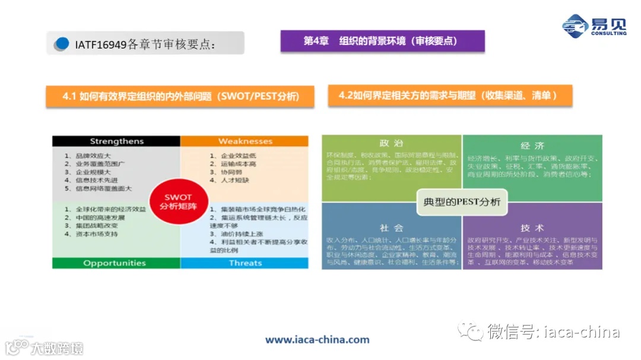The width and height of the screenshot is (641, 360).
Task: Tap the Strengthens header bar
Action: coord(116,141)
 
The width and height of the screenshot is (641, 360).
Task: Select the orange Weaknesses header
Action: coord(245,141)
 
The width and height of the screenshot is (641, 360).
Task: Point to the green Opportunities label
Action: coord(116,263)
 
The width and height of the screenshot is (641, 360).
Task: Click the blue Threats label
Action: coord(245,263)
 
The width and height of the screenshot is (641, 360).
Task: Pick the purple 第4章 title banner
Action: coord(382,41)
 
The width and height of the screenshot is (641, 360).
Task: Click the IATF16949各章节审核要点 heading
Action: coord(145,44)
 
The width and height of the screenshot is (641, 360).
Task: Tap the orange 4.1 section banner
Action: coord(180,97)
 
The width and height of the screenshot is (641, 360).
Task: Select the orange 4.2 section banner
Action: coord(450,95)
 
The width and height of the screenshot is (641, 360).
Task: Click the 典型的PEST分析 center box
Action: coord(462,202)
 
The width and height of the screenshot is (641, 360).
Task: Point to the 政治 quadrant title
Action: coord(391,144)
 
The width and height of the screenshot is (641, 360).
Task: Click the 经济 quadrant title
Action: coord(532,146)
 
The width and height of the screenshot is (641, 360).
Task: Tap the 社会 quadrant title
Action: coord(391,228)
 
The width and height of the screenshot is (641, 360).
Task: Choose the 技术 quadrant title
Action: coord(532,228)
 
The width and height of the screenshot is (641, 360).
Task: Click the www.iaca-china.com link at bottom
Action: coord(317,340)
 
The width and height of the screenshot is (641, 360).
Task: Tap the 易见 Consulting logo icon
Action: coord(575,26)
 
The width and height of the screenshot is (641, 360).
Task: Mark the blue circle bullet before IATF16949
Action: coord(61,44)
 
